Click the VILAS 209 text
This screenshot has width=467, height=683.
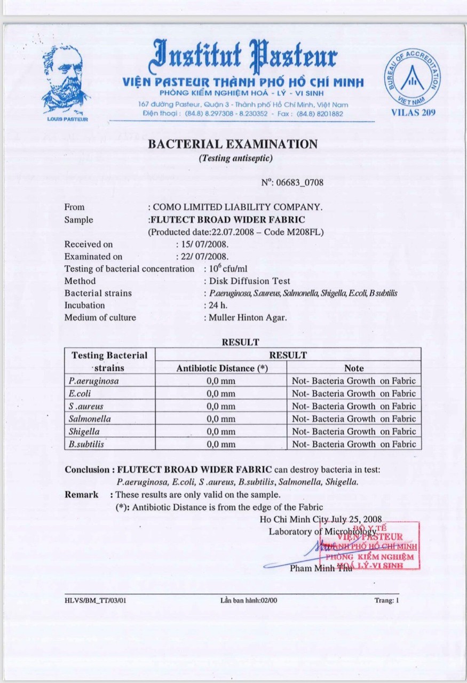[x=413, y=112]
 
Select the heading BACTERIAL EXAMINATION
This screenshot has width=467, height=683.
[x=233, y=144]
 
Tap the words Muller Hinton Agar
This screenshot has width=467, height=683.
[x=248, y=317]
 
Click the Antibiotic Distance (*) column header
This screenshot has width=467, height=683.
[x=221, y=368]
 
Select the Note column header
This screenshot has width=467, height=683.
[x=354, y=368]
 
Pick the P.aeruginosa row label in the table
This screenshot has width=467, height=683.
[x=94, y=381]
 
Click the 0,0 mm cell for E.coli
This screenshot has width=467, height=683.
[x=221, y=394]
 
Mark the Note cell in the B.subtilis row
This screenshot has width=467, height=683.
[x=353, y=444]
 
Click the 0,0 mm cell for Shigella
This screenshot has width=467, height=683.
[x=221, y=432]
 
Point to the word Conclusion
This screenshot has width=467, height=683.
[x=86, y=470]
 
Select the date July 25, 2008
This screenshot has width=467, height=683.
[x=360, y=519]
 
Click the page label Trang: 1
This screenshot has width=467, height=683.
[x=386, y=600]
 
